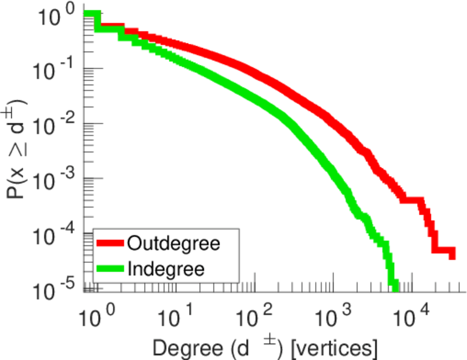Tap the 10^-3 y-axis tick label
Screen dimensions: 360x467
[54, 180]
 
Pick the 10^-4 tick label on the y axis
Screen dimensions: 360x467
[54, 235]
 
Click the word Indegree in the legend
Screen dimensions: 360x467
[166, 269]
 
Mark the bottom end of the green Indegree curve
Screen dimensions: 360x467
[394, 287]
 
